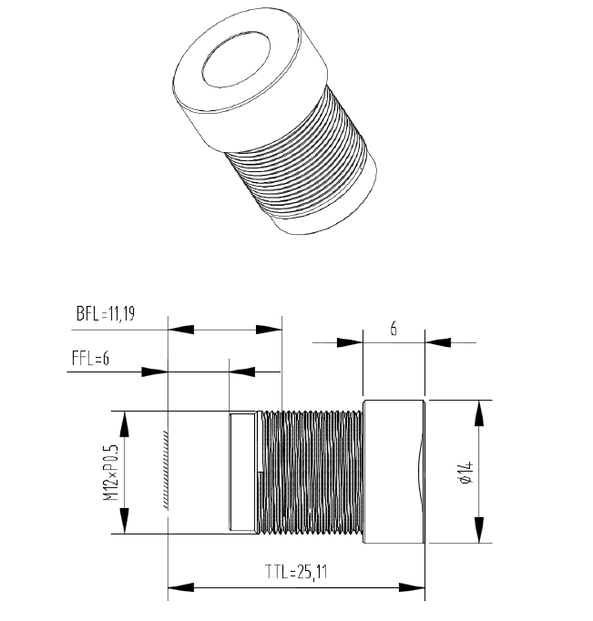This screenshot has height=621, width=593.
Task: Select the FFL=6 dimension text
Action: pos(90,358)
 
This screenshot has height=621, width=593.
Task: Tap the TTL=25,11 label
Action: pos(296,572)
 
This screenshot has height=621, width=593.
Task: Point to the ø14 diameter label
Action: pos(465,471)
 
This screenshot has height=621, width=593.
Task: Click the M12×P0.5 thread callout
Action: pos(107,472)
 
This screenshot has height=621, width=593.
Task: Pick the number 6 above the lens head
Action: pos(394,329)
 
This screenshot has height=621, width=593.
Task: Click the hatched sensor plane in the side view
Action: pos(164,470)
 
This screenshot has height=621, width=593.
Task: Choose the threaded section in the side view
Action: pos(312,472)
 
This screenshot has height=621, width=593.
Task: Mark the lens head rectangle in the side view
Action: pos(394,472)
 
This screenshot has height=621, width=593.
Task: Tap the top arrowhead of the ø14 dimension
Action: pos(478,411)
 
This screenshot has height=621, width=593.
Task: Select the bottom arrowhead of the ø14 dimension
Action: pos(478,532)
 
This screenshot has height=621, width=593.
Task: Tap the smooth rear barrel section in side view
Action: pos(242,472)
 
